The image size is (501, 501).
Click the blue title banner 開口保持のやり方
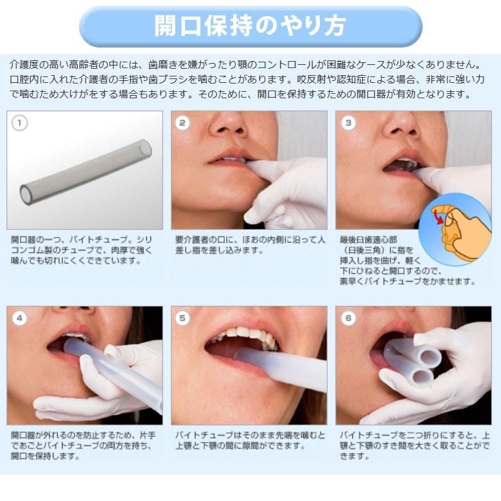pyautogui.click(x=251, y=26)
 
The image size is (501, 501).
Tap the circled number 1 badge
pyautogui.click(x=20, y=123)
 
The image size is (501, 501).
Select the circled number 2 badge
pyautogui.click(x=184, y=123)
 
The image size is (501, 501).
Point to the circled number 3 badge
pyautogui.click(x=348, y=123)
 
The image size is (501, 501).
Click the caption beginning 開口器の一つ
pyautogui.click(x=83, y=251)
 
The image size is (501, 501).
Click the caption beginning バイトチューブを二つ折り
pyautogui.click(x=414, y=446)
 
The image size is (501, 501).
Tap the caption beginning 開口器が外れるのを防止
pyautogui.click(x=83, y=446)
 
